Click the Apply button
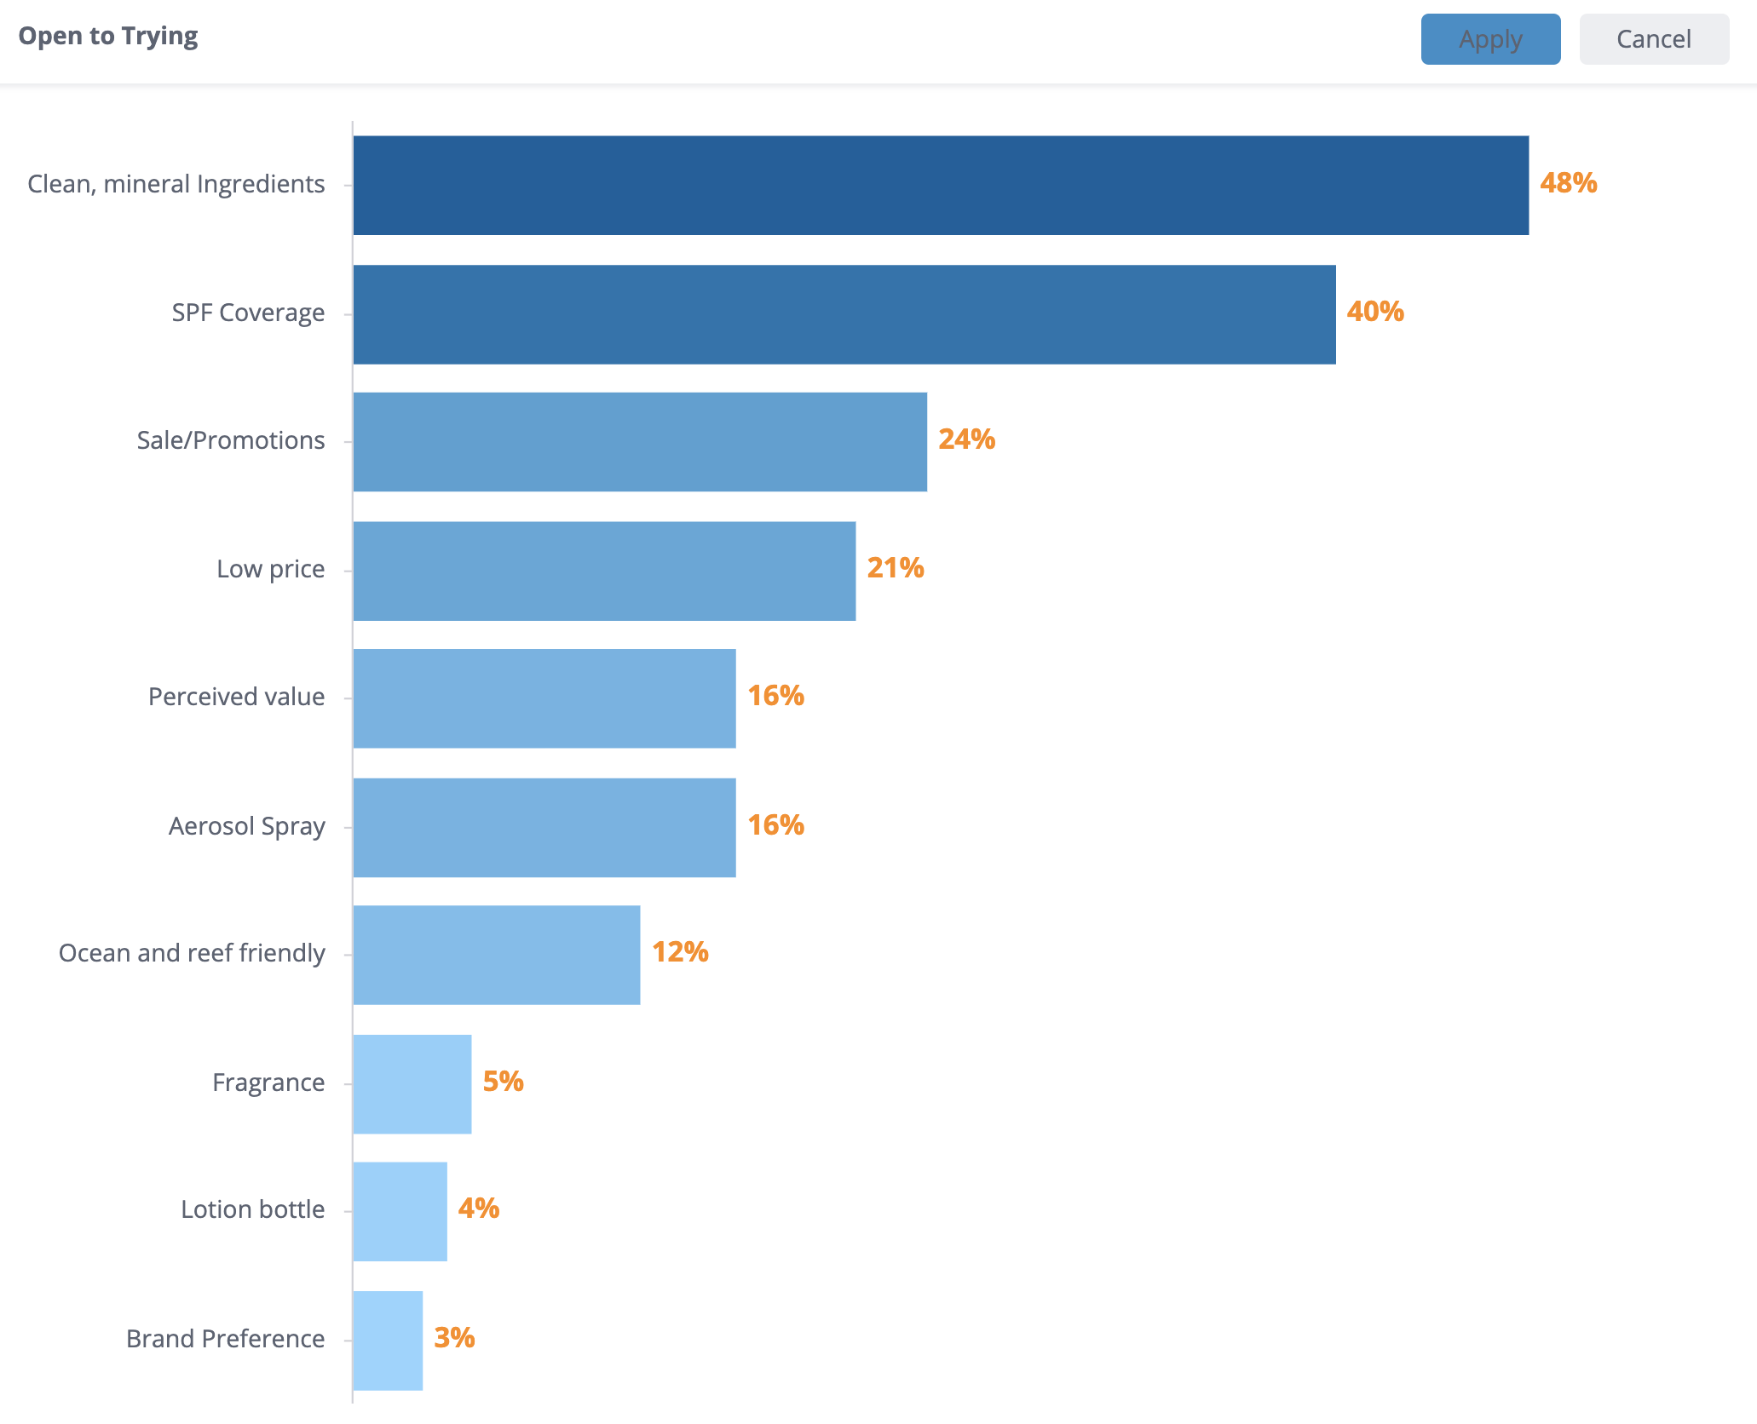pos(1490,39)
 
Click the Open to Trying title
pos(108,36)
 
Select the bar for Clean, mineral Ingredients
pos(941,185)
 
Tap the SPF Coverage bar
pos(844,314)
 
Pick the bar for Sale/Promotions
pos(640,442)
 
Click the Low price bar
pos(604,571)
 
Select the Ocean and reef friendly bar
pos(497,955)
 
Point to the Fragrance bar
pos(412,1083)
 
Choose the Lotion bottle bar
pos(400,1211)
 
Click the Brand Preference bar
pos(388,1340)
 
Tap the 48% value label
pos(1568,183)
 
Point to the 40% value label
pos(1375,312)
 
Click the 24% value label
pos(966,439)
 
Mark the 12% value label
pos(680,952)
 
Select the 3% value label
pos(454,1337)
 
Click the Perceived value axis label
pos(236,697)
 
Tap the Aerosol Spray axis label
pos(246,826)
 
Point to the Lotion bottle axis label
pos(252,1209)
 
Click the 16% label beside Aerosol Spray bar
pos(775,824)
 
